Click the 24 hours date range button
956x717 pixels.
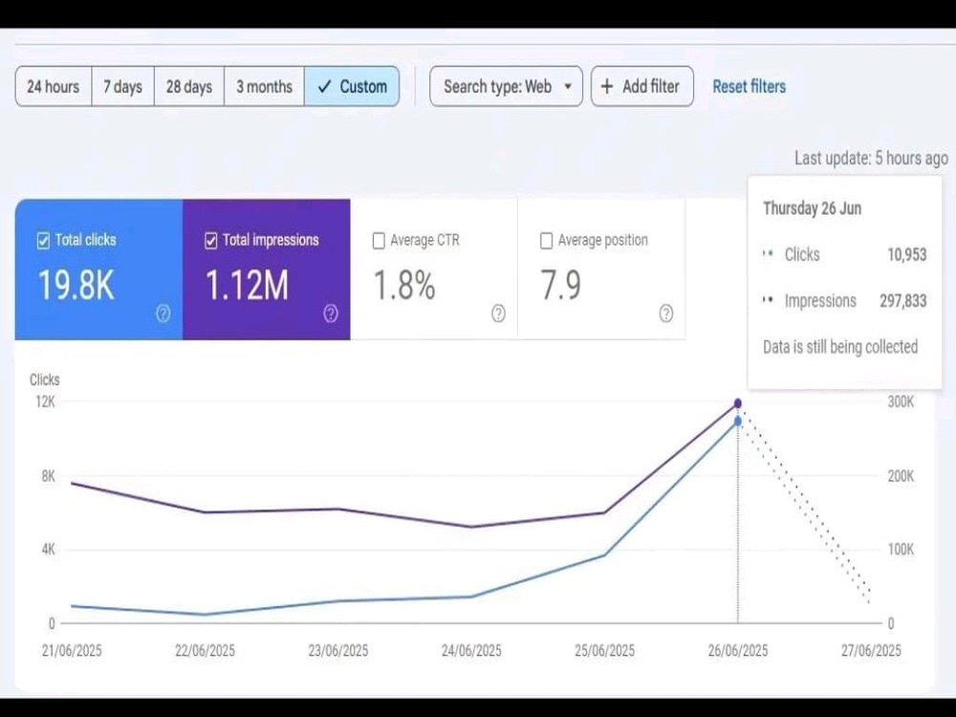click(x=54, y=87)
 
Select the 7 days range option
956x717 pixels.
click(x=122, y=87)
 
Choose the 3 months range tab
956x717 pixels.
click(x=264, y=87)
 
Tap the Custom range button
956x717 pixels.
click(x=352, y=87)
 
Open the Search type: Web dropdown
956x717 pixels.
click(x=506, y=87)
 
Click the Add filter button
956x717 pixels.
click(x=642, y=87)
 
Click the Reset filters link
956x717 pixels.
click(x=749, y=87)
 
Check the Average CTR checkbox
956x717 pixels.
click(x=379, y=241)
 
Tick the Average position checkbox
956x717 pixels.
click(x=546, y=241)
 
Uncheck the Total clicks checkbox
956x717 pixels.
click(x=43, y=241)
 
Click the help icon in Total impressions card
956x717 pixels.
click(x=331, y=314)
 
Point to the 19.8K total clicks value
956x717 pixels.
click(x=76, y=285)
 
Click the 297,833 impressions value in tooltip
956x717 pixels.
click(x=903, y=301)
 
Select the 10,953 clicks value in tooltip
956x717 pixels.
click(x=906, y=255)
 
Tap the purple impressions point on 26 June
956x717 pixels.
click(x=738, y=403)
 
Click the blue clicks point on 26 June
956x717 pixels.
click(x=738, y=422)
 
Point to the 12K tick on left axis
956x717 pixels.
click(x=45, y=402)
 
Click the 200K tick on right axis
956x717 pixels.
click(x=901, y=476)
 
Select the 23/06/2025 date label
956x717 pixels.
click(x=338, y=650)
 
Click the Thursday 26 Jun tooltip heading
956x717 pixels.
click(x=812, y=208)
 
